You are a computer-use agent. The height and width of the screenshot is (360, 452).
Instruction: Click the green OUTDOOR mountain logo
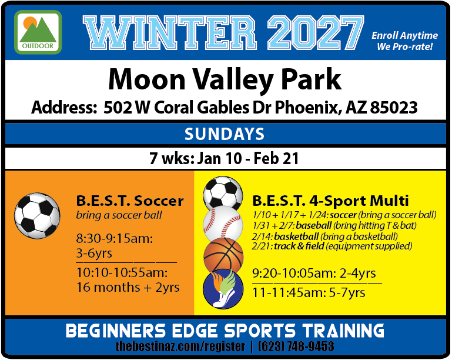38,32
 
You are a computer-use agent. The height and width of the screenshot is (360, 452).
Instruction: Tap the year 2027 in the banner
316,33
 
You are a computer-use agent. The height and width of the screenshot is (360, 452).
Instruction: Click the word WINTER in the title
170,33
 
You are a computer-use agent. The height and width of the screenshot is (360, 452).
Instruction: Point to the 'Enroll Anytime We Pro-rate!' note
404,41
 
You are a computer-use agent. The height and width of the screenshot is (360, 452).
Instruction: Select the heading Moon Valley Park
225,79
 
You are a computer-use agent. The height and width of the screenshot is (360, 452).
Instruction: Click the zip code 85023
394,107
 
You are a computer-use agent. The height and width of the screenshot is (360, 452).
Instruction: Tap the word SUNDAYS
225,134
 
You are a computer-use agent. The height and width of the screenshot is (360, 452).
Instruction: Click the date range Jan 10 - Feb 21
248,158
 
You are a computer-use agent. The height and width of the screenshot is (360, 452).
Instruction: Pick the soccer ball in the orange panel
37,215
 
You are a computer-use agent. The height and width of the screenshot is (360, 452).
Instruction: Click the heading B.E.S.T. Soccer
130,201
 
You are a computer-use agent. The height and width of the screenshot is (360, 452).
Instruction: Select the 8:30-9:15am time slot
115,239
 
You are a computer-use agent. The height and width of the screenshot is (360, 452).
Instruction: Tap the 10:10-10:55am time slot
122,272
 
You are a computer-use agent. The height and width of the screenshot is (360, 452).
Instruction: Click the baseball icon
223,224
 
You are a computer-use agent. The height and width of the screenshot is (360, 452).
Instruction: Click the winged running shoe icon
223,289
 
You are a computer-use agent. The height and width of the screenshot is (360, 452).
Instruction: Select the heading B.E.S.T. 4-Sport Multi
330,201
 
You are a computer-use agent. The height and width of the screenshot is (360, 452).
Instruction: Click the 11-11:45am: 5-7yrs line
309,292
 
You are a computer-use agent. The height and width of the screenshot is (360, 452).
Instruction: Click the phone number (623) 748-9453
296,346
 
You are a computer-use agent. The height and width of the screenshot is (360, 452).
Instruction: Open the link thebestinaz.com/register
180,346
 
